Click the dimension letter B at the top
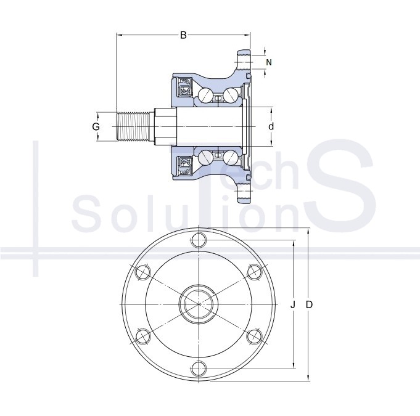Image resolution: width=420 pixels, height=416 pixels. pos(183,35)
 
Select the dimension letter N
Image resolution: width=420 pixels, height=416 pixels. pos(269,62)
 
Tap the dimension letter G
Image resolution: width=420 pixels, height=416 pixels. pos(96,126)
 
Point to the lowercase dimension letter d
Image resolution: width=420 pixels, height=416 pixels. pos(271,126)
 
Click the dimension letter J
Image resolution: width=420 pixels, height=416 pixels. pos(293,304)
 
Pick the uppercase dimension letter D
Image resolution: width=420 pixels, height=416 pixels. pos(309,304)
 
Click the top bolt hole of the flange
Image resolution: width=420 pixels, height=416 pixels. pos(199,240)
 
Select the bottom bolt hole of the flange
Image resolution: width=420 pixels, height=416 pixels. pos(199,369)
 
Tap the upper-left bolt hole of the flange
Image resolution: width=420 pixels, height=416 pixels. pos(142,272)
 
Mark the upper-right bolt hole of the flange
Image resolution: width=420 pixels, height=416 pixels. pos(255,272)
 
